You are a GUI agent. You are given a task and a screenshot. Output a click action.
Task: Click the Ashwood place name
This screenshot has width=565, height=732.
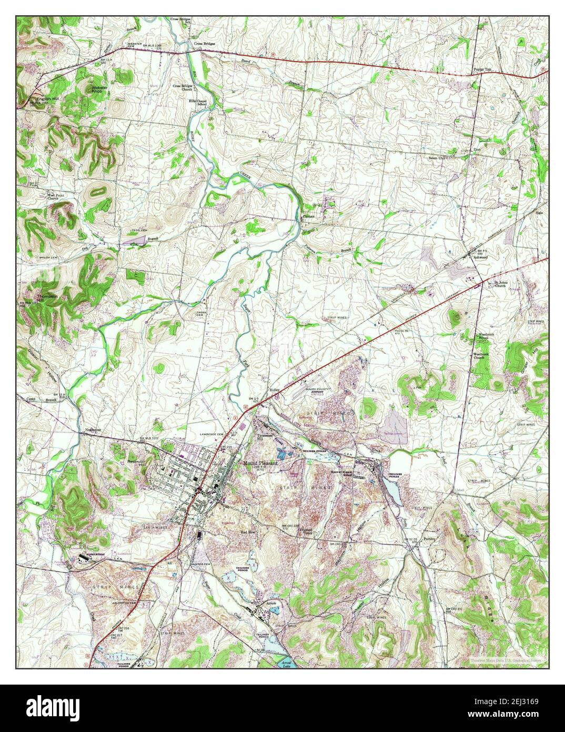[482, 259]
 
